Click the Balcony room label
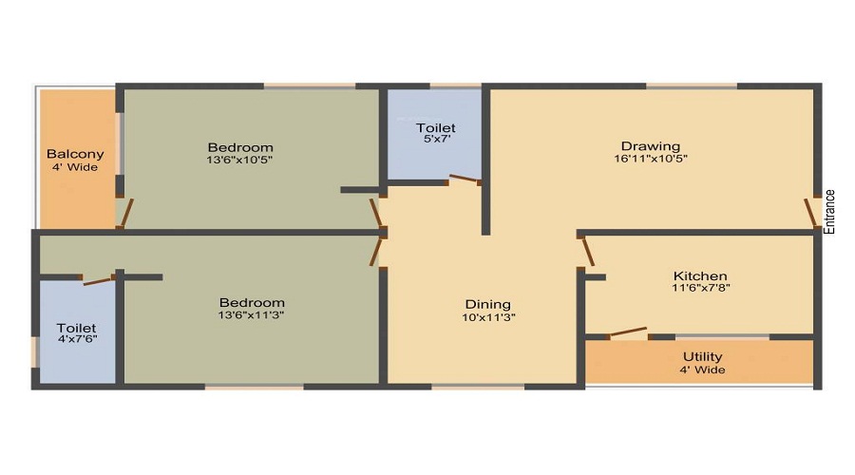75,154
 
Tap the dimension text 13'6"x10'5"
240,161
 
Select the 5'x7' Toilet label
436,127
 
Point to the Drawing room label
651,145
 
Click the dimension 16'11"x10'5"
651,159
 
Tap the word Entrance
829,212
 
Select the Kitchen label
700,275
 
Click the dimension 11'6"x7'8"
700,288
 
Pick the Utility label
702,357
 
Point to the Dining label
488,305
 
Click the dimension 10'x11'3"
488,317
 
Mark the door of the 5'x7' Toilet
465,179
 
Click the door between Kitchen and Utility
628,332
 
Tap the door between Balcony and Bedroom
124,213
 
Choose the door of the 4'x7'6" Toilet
99,278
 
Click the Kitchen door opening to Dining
587,250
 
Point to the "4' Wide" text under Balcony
75,167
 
